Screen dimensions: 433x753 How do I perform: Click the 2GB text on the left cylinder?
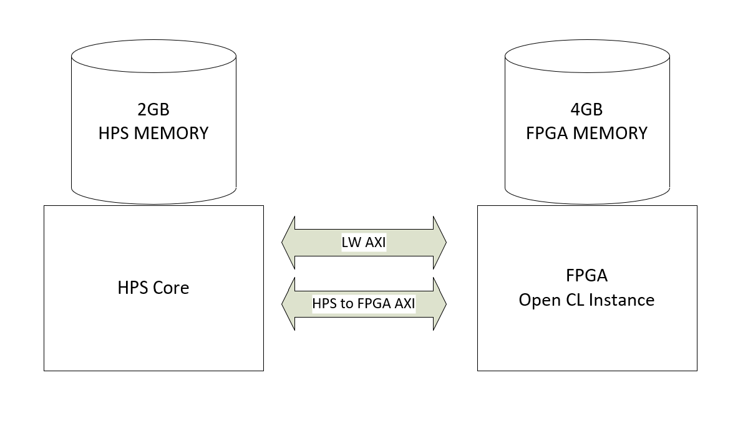(153, 110)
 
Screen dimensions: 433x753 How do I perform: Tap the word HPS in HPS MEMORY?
(113, 133)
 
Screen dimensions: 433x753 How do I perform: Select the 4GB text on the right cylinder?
(586, 110)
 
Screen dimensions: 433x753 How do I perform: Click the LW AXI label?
(364, 243)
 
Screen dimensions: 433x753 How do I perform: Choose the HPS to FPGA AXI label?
(364, 304)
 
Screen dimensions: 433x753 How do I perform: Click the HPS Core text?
(153, 288)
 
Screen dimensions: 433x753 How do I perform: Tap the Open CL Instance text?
(586, 300)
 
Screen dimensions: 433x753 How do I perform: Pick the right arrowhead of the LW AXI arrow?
(440, 243)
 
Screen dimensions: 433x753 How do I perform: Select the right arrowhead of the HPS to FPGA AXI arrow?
(440, 304)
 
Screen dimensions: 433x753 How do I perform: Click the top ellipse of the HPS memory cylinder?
(153, 57)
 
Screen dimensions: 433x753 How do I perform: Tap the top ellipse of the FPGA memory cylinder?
(587, 57)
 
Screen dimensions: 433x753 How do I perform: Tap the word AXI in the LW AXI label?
(376, 243)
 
